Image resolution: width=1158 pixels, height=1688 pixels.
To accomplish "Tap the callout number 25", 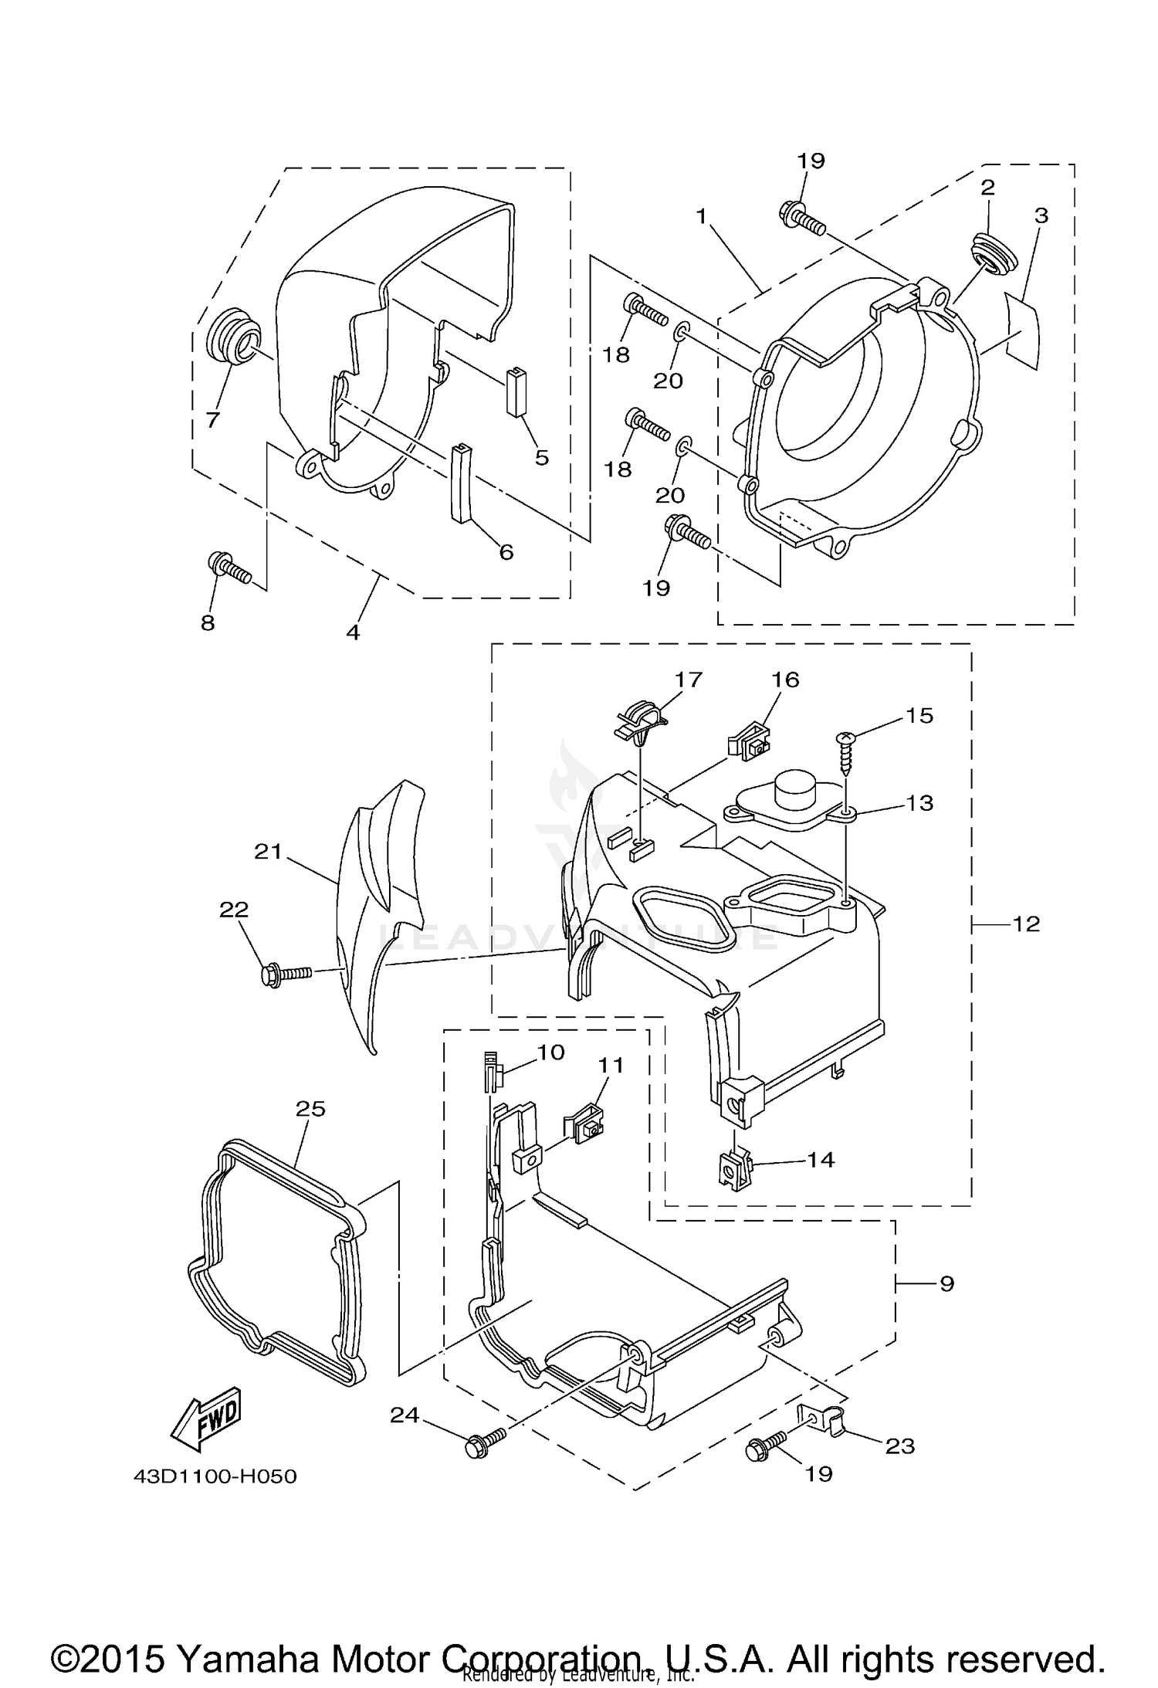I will (310, 1109).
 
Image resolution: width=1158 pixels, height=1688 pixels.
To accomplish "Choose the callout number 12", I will (1026, 924).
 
